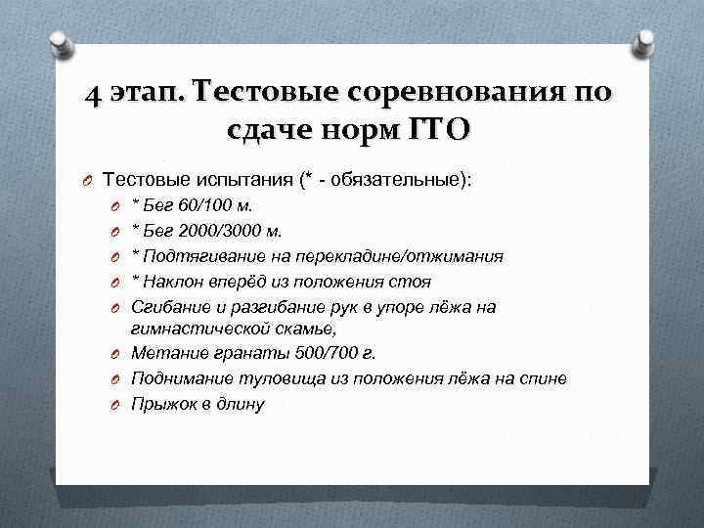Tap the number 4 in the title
(92, 93)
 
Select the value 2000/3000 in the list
(212, 232)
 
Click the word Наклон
(171, 282)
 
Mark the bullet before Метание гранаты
(114, 353)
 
